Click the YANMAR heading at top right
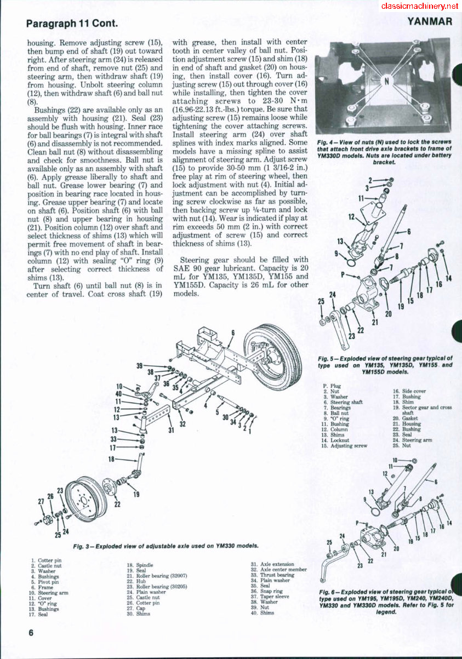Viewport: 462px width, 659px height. pyautogui.click(x=430, y=22)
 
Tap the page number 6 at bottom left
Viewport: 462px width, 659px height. pyautogui.click(x=31, y=633)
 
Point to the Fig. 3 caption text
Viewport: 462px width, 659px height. pyautogui.click(x=166, y=546)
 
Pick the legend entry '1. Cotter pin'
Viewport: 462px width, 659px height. pyautogui.click(x=47, y=560)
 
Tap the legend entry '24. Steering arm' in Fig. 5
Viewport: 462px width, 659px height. pyautogui.click(x=412, y=440)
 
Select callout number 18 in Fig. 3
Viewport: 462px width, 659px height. pyautogui.click(x=111, y=459)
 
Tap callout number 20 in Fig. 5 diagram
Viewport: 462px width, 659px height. pyautogui.click(x=389, y=314)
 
